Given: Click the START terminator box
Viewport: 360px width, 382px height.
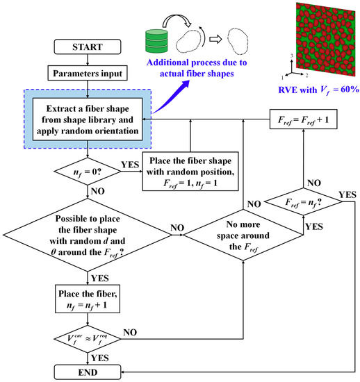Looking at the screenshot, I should click(87, 49).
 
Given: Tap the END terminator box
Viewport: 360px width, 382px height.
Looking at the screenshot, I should click(87, 372).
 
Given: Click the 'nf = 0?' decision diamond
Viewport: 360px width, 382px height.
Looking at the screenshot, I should click(87, 167).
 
